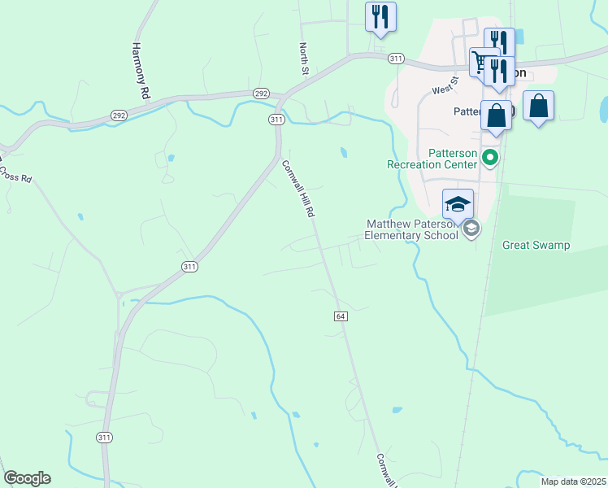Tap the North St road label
click(305, 59)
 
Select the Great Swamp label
click(536, 245)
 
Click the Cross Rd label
click(15, 173)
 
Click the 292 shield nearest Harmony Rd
click(119, 116)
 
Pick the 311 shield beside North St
click(276, 120)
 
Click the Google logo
click(27, 478)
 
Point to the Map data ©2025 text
click(574, 481)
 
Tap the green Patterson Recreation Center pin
click(490, 159)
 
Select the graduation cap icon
click(458, 203)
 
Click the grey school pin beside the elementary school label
click(471, 230)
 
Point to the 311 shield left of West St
click(396, 59)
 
